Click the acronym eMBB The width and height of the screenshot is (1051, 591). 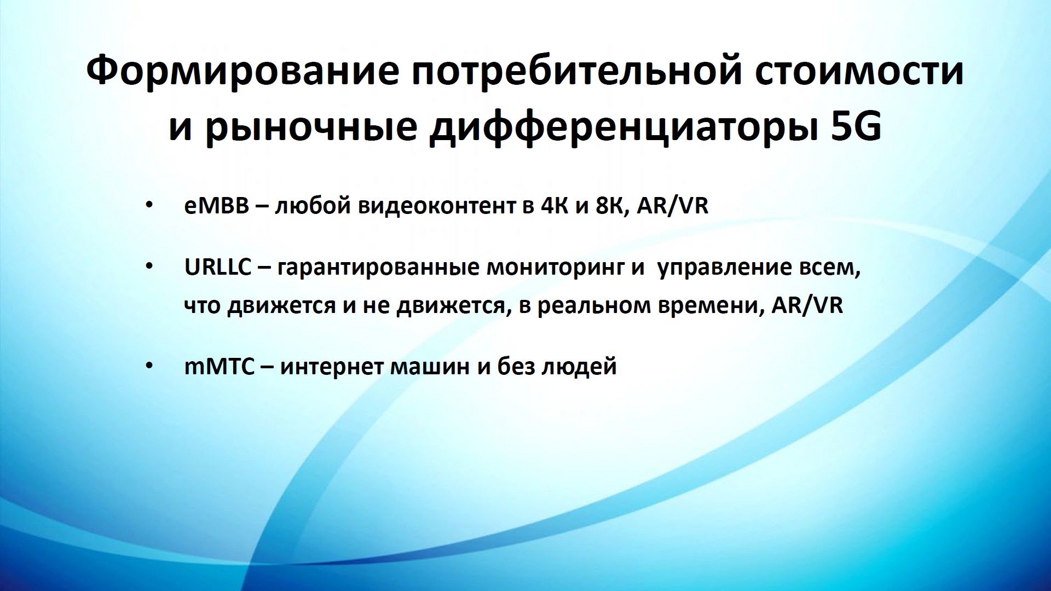[217, 206]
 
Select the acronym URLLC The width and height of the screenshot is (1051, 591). [218, 268]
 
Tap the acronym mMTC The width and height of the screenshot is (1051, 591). [220, 366]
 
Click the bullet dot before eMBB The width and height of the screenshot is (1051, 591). [149, 206]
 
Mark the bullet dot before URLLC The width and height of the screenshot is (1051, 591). [149, 268]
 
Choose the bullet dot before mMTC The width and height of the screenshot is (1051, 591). [149, 366]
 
